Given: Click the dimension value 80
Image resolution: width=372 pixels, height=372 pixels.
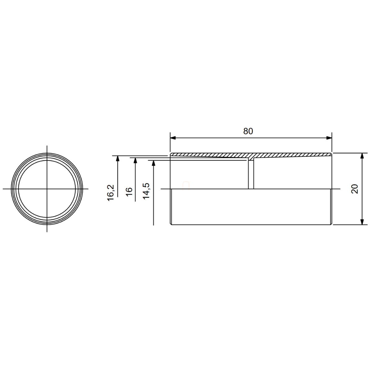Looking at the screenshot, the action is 248,131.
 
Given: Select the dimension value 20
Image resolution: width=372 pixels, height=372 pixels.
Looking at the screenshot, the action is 355,189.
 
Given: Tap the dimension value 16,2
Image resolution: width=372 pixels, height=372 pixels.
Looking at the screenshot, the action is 111,193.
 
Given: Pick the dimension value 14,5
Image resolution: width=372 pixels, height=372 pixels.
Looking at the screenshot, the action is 146,191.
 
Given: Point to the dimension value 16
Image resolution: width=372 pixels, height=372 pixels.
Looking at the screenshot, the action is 129,192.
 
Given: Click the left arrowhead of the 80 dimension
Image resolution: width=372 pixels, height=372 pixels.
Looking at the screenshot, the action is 173,138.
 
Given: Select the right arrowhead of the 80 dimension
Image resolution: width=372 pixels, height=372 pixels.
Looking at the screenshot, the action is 329,138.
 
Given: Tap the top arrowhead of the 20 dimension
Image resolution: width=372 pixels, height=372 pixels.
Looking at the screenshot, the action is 362,156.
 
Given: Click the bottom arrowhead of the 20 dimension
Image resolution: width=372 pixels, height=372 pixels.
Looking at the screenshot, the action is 362,222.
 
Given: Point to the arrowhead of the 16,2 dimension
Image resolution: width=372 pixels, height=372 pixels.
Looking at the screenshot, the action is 118,158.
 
